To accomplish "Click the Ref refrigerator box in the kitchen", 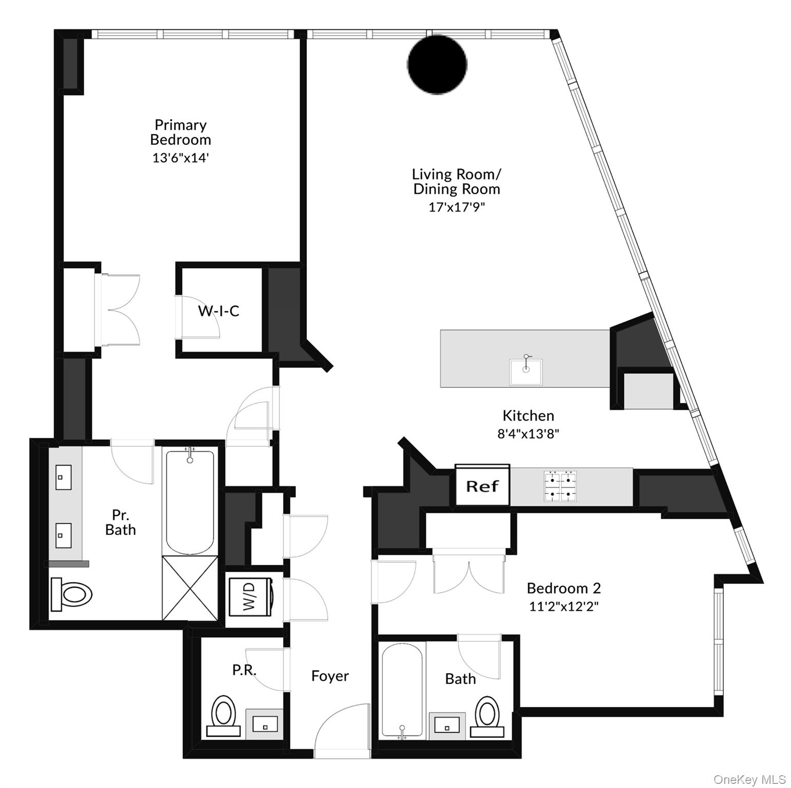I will [482, 485].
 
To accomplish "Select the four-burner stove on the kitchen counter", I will [560, 486].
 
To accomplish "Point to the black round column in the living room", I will [437, 64].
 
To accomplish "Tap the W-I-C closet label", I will [219, 310].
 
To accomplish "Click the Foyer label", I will [330, 676].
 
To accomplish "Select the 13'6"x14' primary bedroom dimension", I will [181, 157].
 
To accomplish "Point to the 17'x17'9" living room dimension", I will [456, 207].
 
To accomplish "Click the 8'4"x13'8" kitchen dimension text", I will [528, 434].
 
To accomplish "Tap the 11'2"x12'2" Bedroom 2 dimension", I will [564, 606].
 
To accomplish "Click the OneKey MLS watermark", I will [749, 779].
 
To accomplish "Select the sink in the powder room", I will [265, 724].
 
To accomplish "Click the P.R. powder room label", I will [244, 669].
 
